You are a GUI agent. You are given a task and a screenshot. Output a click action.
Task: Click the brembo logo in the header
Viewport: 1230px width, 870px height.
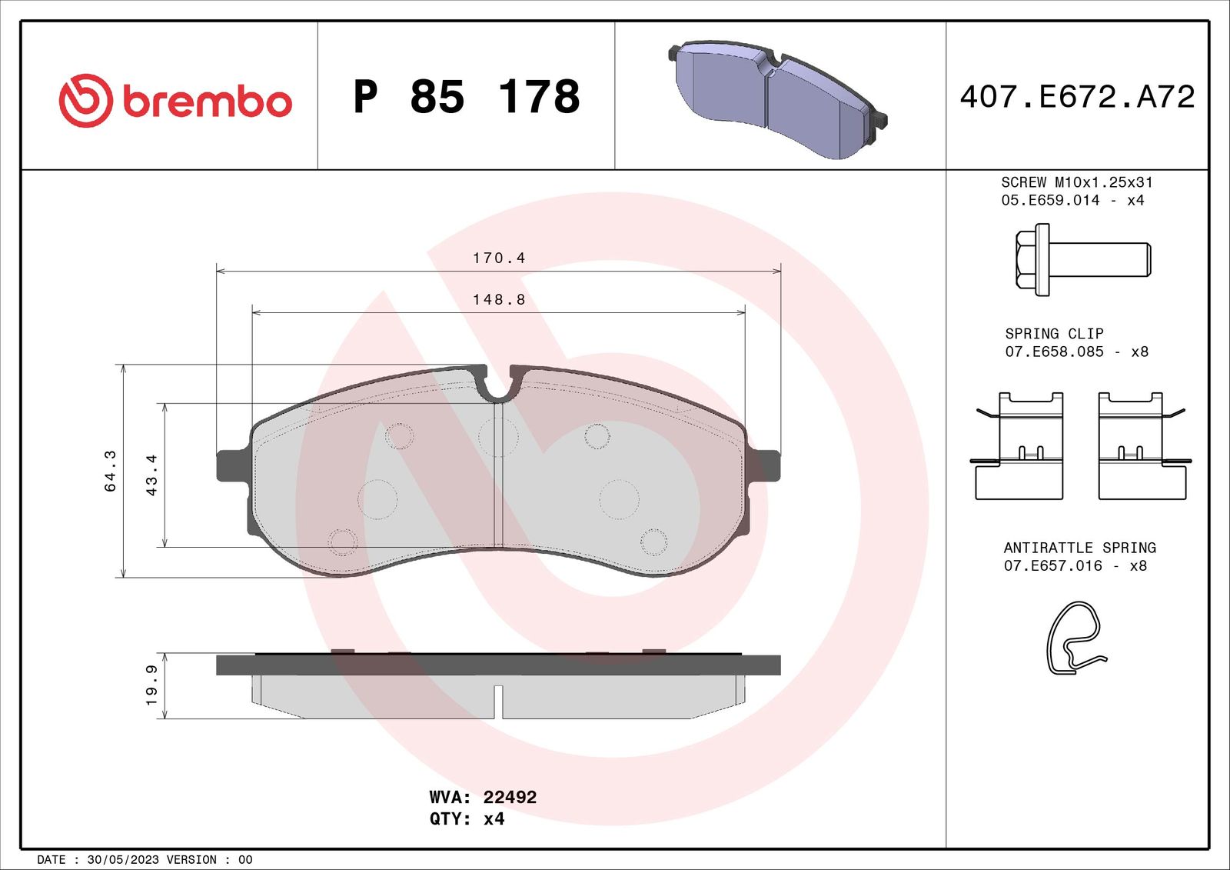click(175, 101)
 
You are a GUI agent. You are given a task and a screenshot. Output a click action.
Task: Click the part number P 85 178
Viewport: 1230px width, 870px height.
click(466, 97)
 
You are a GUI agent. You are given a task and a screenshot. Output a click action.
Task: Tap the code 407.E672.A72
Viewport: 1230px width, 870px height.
click(1077, 97)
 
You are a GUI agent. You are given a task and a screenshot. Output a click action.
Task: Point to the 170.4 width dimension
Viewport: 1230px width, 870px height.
click(499, 258)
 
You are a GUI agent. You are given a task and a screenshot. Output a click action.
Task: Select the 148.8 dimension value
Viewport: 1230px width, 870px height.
click(499, 300)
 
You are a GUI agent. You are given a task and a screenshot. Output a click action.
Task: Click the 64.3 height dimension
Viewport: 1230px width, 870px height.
click(111, 471)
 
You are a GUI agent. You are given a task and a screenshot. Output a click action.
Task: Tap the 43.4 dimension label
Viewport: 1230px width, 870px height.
click(151, 475)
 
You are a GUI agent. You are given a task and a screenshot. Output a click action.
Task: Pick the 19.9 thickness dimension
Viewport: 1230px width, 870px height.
click(151, 685)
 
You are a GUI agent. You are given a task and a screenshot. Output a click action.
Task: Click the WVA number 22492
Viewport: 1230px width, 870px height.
click(510, 797)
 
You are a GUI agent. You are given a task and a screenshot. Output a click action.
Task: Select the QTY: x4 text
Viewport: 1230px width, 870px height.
click(467, 818)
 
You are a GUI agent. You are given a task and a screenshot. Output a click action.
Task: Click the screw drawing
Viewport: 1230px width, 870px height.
click(1082, 260)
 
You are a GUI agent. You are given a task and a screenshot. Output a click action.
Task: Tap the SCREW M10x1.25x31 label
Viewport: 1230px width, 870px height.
click(1076, 182)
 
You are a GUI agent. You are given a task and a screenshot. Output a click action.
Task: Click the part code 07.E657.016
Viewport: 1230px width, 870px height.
click(1052, 565)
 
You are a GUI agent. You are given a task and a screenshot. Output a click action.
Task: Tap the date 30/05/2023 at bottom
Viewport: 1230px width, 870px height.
click(123, 859)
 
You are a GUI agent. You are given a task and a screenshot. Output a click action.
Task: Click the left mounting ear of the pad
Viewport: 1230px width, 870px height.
click(231, 465)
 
